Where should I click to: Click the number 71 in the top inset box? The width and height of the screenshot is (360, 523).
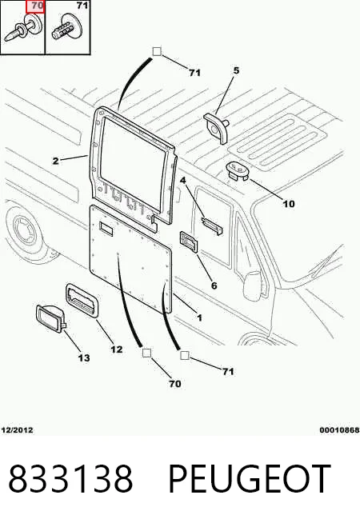tap(82, 6)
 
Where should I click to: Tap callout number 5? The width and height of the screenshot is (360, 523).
tap(236, 70)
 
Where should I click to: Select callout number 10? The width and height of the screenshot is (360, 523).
tap(289, 204)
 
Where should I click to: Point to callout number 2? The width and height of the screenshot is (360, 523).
tap(56, 161)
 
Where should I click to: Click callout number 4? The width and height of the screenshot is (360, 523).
tap(183, 181)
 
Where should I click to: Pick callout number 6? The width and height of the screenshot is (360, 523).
tap(214, 285)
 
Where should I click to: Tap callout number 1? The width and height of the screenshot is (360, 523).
tap(199, 317)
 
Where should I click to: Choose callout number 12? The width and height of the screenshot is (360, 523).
tap(117, 349)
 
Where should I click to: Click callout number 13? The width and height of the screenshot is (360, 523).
tap(84, 358)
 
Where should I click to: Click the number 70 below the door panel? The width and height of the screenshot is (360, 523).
tap(175, 384)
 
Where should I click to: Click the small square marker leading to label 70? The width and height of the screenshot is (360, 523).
tap(147, 353)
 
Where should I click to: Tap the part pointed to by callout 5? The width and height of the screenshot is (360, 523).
tap(216, 128)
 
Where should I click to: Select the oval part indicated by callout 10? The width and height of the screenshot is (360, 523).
tap(238, 170)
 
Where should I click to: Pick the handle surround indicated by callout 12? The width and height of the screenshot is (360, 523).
tap(82, 300)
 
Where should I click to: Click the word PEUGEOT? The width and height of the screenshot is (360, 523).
tap(250, 478)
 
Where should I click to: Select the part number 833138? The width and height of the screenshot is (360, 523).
tap(70, 478)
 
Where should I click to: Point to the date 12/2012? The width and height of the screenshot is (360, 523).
tap(18, 430)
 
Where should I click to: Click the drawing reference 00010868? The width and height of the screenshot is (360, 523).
tap(339, 430)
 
